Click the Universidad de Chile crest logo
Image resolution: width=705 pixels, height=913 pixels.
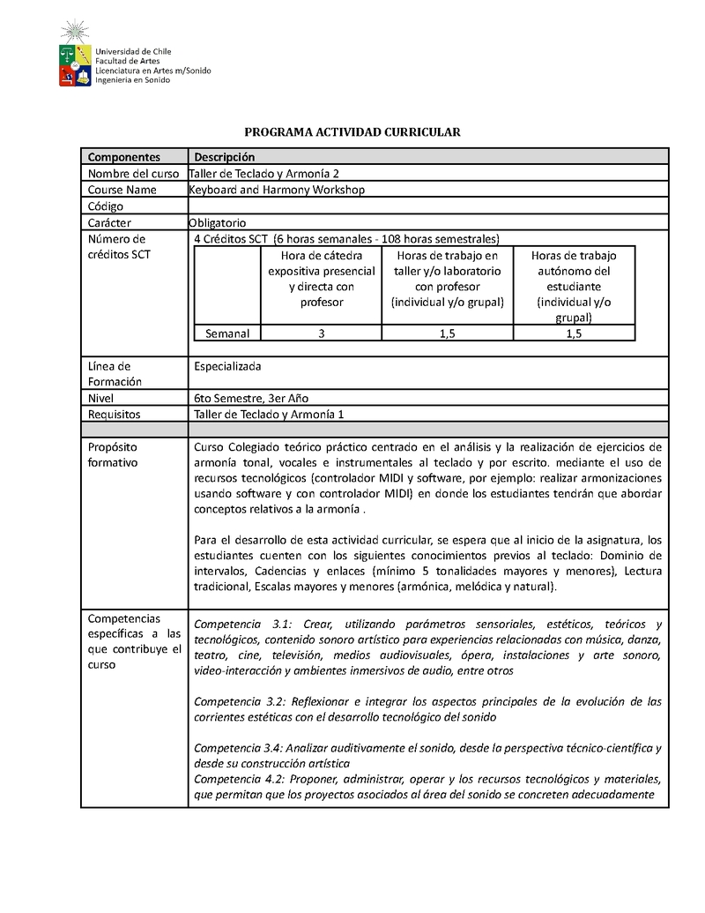(x=74, y=55)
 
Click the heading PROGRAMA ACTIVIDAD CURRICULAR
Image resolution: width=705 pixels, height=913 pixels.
(x=352, y=132)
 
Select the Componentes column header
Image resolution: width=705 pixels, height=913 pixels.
(x=123, y=157)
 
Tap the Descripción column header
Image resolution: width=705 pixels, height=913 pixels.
(x=225, y=157)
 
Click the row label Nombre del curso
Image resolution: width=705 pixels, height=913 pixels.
(x=133, y=174)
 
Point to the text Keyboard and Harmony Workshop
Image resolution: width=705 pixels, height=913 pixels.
(x=277, y=190)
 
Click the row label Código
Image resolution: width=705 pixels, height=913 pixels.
(x=106, y=206)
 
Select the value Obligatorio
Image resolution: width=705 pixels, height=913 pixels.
(x=218, y=222)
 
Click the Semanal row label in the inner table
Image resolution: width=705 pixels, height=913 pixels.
(x=227, y=333)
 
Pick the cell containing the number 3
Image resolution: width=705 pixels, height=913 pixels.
(x=322, y=333)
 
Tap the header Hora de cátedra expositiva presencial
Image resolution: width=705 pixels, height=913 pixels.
(x=322, y=278)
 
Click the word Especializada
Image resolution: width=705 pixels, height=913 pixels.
(x=227, y=365)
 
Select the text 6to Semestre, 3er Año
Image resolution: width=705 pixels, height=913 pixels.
(x=251, y=398)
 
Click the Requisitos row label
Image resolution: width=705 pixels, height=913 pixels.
(x=115, y=414)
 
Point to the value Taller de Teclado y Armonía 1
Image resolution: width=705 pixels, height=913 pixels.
(x=269, y=414)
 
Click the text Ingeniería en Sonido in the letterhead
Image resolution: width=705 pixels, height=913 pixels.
(x=133, y=79)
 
